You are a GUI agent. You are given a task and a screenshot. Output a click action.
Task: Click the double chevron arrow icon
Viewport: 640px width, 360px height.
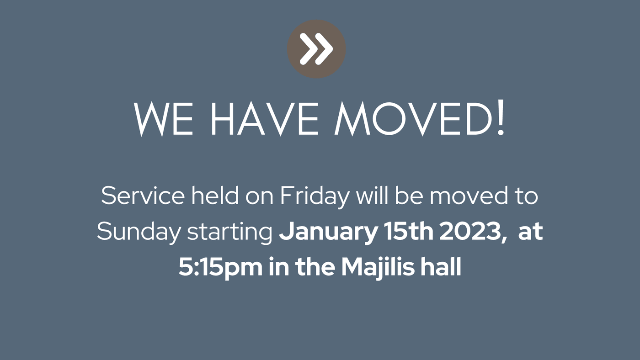pyautogui.click(x=316, y=49)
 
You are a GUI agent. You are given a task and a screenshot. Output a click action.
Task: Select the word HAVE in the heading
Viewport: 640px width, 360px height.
pyautogui.click(x=265, y=119)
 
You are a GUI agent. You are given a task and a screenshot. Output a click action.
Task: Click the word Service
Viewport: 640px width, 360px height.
pyautogui.click(x=143, y=196)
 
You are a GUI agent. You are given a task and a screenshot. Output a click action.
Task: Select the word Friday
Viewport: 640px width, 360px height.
pyautogui.click(x=315, y=197)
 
